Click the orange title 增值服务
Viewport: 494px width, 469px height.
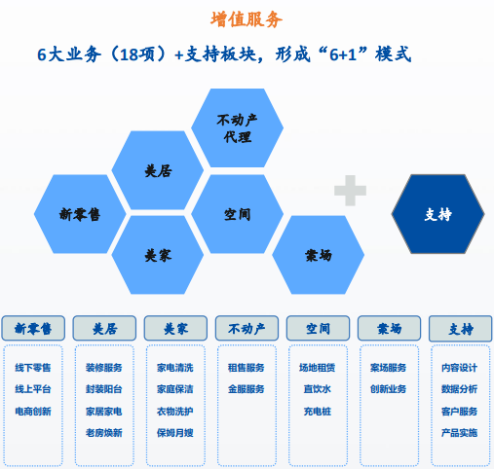coord(247,19)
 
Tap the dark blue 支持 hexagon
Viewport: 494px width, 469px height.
coord(437,214)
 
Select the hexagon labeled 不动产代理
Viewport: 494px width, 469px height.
coord(237,127)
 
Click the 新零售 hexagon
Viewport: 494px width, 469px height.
coord(80,214)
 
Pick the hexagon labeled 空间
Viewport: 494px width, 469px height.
coord(237,214)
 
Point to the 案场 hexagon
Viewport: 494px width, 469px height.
coord(318,255)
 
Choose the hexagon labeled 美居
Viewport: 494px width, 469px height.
coord(158,170)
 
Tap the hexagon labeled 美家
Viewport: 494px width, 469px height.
coord(158,255)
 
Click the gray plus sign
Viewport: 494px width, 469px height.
coord(350,191)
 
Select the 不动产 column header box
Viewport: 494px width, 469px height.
coord(247,328)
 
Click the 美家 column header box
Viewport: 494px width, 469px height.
coord(175,328)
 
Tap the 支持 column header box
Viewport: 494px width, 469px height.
coord(461,329)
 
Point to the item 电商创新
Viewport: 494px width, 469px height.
coord(33,412)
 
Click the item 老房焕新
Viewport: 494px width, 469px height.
coord(104,433)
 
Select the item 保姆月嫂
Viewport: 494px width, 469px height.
coord(175,433)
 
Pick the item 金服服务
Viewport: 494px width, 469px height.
coord(247,389)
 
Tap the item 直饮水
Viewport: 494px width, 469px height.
coord(318,389)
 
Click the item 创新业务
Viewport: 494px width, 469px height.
coord(389,389)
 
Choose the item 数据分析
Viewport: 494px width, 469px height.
coord(459,389)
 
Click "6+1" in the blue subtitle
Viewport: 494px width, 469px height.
coord(343,54)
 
